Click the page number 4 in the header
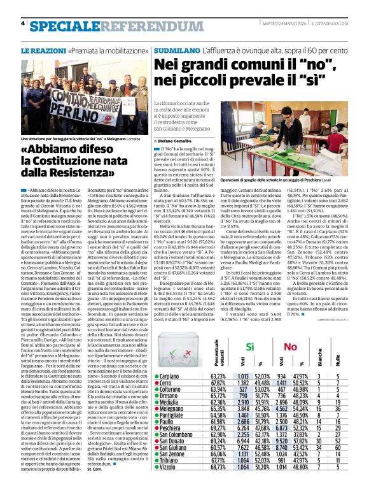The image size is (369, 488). pyautogui.click(x=23, y=24)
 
